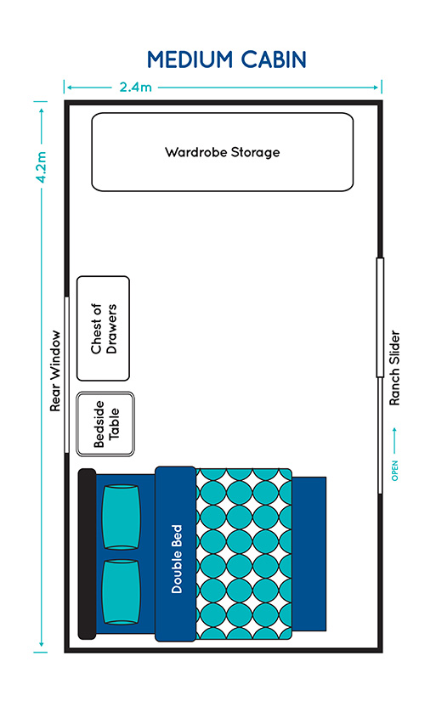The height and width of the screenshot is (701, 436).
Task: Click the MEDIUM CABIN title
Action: [x=227, y=59]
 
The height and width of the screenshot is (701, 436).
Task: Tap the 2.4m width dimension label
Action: [x=135, y=87]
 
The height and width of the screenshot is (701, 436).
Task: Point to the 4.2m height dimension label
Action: [x=41, y=167]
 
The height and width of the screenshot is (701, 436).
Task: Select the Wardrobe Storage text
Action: [x=222, y=152]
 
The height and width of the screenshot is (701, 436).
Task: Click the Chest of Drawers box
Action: [x=104, y=329]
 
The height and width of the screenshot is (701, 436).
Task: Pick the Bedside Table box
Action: [x=105, y=424]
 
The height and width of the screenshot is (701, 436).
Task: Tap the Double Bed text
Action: [x=177, y=559]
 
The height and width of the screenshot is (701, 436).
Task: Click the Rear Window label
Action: [x=55, y=371]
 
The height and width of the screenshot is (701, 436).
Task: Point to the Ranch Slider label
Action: [x=394, y=368]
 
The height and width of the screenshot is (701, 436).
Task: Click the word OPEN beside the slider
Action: [x=394, y=471]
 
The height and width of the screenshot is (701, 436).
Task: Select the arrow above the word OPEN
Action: [x=394, y=441]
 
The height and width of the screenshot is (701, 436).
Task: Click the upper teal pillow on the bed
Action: [x=122, y=517]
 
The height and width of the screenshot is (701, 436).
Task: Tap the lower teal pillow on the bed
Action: [x=122, y=592]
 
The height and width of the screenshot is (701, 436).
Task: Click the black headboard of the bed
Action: [x=87, y=554]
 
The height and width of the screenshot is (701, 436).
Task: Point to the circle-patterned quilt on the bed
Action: [x=244, y=554]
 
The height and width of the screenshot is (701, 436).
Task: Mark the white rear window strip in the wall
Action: [x=66, y=375]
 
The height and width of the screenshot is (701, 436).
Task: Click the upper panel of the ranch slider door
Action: [x=380, y=318]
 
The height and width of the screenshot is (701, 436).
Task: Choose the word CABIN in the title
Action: [x=273, y=59]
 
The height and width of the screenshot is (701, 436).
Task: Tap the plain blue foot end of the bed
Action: [x=309, y=554]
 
